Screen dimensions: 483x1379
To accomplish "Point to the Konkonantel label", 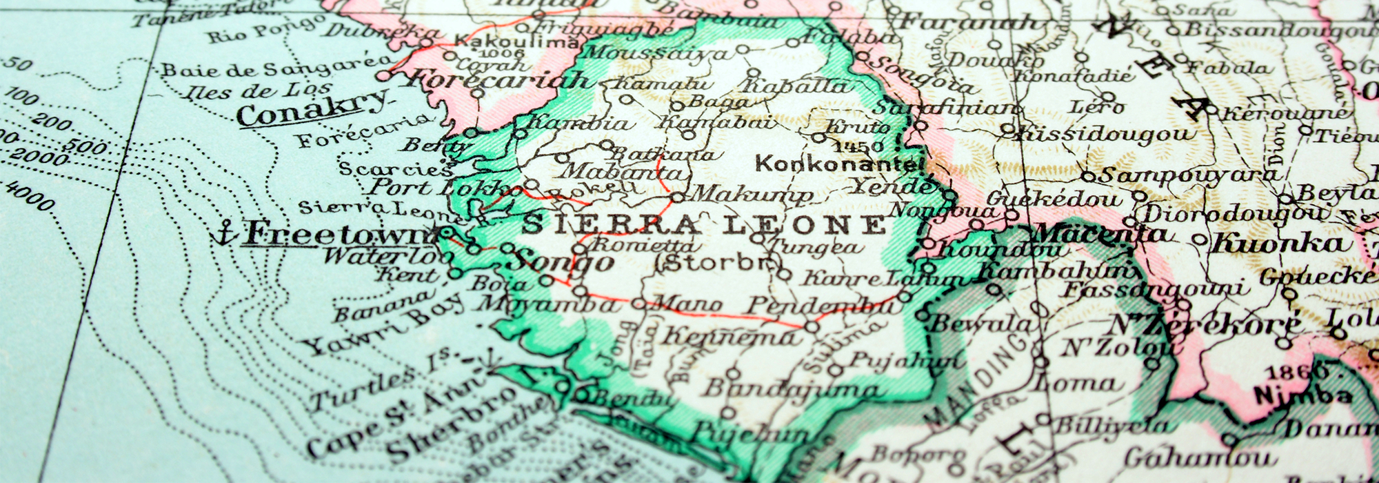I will (x=838, y=164).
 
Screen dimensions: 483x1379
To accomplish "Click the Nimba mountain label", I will (x=1293, y=396).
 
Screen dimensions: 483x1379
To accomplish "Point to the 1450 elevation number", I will (x=858, y=146).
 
